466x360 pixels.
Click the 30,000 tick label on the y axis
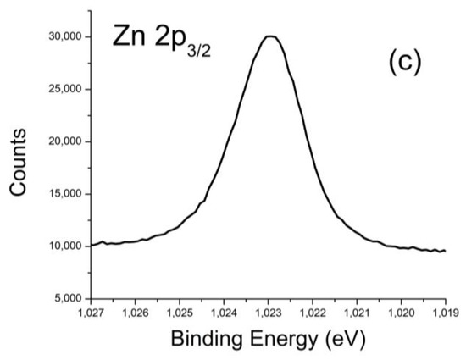(x=65, y=36)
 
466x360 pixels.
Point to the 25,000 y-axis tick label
(x=65, y=89)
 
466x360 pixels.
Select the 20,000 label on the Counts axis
(x=65, y=141)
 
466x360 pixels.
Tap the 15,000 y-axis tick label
(x=65, y=194)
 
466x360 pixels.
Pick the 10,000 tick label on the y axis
(x=65, y=246)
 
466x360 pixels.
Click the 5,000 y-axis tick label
(x=68, y=299)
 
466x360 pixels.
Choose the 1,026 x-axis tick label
(x=135, y=313)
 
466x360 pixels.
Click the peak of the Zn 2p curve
(x=269, y=36)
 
